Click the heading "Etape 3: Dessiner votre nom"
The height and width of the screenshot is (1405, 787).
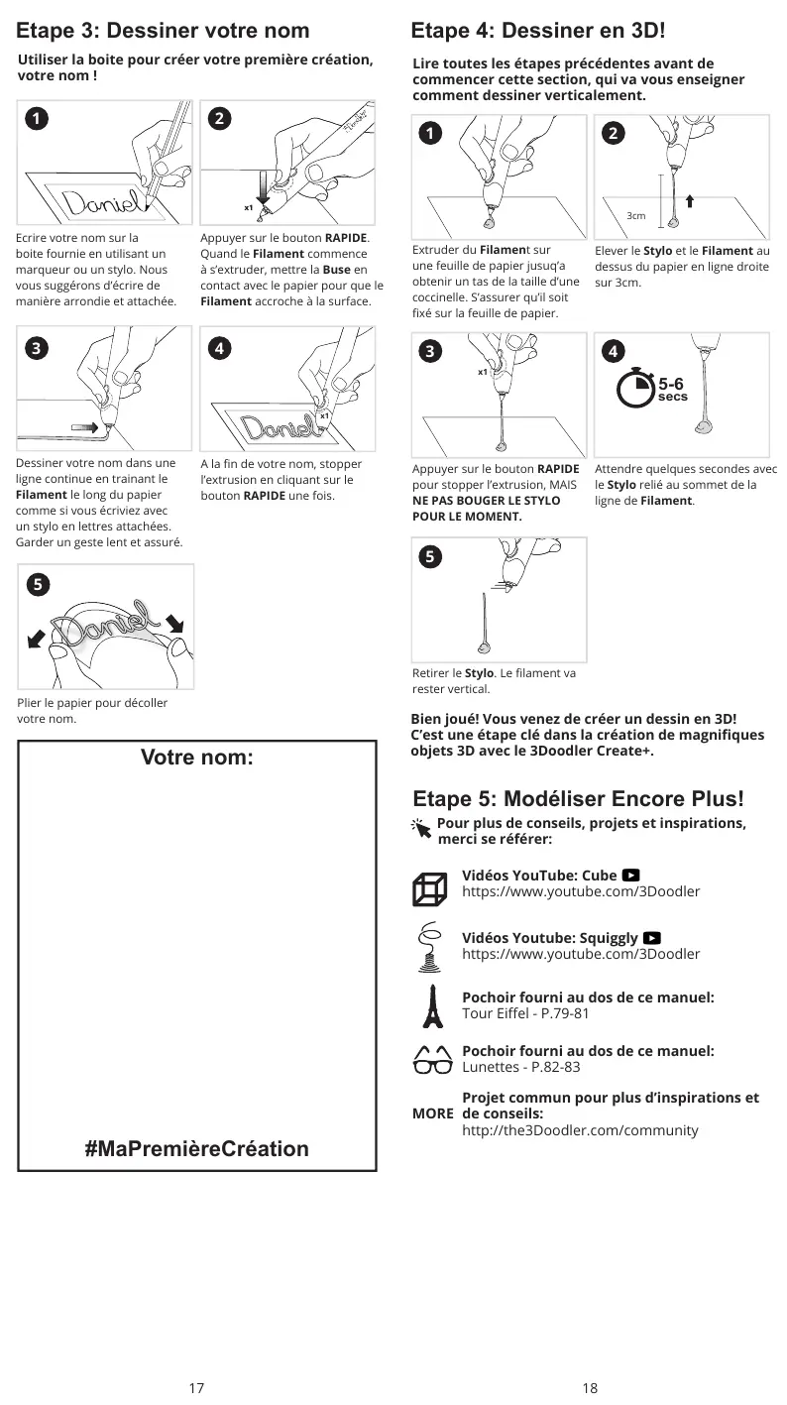coord(163,31)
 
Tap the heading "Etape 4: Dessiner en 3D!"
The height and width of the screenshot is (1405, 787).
coord(538,31)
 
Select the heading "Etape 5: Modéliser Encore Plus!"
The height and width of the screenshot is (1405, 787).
coord(578,799)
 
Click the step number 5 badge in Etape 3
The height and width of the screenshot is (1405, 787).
coord(36,583)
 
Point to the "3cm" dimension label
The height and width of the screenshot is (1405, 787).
coord(636,215)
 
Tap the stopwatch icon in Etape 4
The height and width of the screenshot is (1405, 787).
coord(635,388)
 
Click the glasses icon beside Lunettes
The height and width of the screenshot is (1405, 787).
coord(432,1060)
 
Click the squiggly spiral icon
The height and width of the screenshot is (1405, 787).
coord(430,944)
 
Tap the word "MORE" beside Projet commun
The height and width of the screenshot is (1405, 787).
coord(433,1114)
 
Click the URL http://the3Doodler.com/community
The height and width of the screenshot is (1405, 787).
coord(580,1130)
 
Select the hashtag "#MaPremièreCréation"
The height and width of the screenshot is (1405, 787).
coord(196,1149)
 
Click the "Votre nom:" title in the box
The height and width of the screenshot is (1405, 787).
coord(197,759)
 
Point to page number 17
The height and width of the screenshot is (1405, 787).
coord(196,1388)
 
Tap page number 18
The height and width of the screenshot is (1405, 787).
coord(590,1388)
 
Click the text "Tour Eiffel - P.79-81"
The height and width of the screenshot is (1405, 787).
coord(525,1013)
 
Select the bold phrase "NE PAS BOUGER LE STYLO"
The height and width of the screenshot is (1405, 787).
coord(486,501)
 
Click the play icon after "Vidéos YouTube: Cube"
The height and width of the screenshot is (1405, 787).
coord(631,876)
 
